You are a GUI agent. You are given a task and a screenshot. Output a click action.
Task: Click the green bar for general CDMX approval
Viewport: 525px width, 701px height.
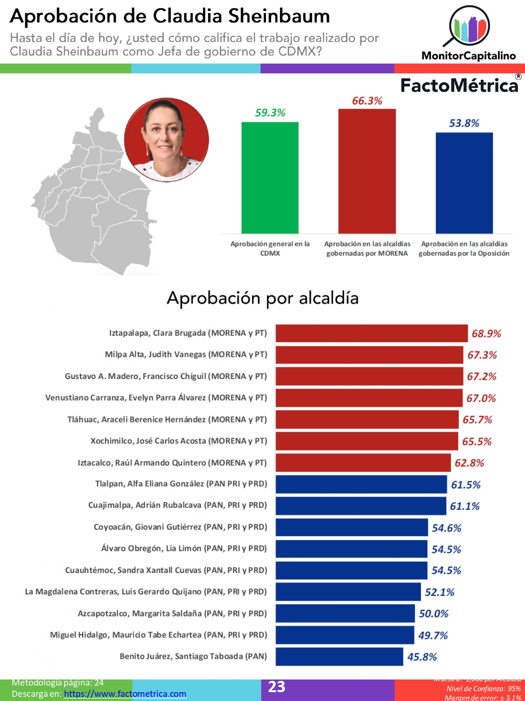[270, 178]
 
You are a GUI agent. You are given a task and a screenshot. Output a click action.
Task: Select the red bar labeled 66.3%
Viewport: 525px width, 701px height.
[367, 171]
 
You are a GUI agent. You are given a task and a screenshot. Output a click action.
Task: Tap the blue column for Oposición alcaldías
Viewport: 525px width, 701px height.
[464, 183]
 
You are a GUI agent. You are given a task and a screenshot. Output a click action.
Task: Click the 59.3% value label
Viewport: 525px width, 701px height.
[270, 113]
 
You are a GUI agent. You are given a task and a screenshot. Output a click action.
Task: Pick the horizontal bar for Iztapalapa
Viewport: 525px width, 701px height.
[371, 333]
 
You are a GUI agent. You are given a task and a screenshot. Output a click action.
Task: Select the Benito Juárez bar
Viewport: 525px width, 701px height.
[339, 657]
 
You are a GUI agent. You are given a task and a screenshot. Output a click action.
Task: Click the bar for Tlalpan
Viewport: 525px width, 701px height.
[361, 485]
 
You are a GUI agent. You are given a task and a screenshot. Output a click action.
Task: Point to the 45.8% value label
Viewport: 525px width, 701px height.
[422, 657]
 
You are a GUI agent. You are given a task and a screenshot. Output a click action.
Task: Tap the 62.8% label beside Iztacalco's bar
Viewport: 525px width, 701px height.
[469, 463]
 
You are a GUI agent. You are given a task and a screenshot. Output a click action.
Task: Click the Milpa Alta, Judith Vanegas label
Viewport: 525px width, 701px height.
[186, 355]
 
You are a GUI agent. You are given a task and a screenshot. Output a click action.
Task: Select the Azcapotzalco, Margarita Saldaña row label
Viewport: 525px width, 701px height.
[172, 614]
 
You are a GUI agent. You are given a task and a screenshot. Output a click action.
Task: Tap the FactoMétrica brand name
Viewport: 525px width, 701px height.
[459, 86]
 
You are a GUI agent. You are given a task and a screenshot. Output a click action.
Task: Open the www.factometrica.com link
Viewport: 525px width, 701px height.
[125, 694]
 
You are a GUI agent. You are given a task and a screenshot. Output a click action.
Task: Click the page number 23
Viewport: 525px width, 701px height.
[277, 687]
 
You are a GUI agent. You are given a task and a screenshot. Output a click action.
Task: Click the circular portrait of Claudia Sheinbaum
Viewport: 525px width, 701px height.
[166, 140]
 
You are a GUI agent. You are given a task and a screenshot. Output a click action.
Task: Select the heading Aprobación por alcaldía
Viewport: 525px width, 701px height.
[263, 298]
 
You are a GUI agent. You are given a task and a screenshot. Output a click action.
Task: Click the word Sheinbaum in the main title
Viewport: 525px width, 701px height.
[279, 16]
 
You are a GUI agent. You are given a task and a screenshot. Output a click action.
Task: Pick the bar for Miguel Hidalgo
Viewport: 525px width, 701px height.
[344, 635]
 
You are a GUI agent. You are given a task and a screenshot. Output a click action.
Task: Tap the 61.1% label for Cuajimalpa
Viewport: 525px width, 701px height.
[464, 506]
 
